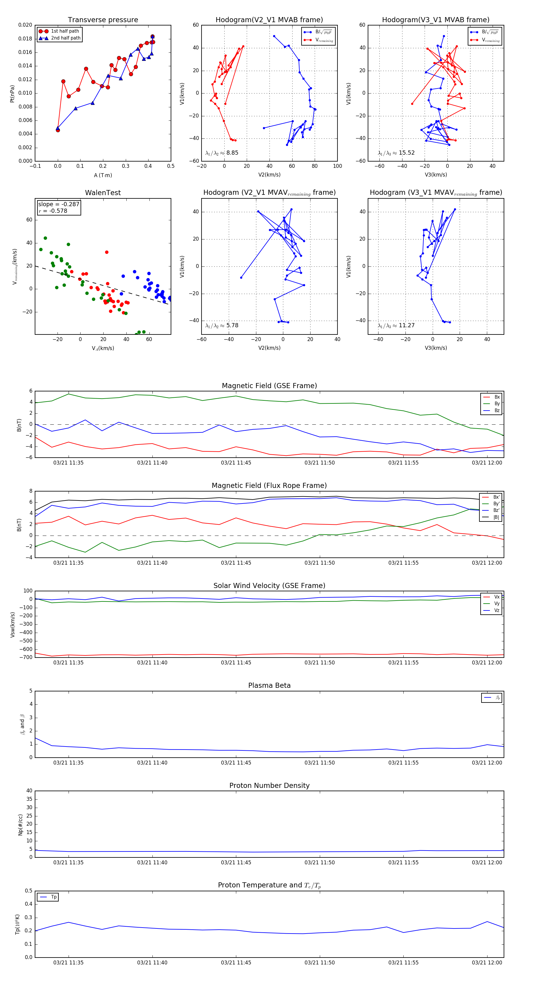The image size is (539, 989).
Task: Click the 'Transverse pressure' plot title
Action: [103, 20]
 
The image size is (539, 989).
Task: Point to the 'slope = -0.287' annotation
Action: [59, 204]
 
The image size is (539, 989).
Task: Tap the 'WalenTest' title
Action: [103, 193]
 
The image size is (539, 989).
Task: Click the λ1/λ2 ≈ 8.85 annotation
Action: [222, 153]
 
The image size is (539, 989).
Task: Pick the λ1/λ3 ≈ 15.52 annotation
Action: [396, 153]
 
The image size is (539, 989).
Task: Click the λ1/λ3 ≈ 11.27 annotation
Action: [396, 325]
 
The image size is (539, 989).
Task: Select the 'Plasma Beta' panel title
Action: [269, 685]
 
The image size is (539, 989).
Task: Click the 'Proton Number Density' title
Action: [269, 786]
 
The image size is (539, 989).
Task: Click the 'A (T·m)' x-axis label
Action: [103, 175]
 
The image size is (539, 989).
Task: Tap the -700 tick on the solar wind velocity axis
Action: [26, 657]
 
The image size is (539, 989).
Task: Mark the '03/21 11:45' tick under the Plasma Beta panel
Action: [236, 762]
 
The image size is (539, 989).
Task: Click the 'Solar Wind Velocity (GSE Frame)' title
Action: [269, 586]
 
